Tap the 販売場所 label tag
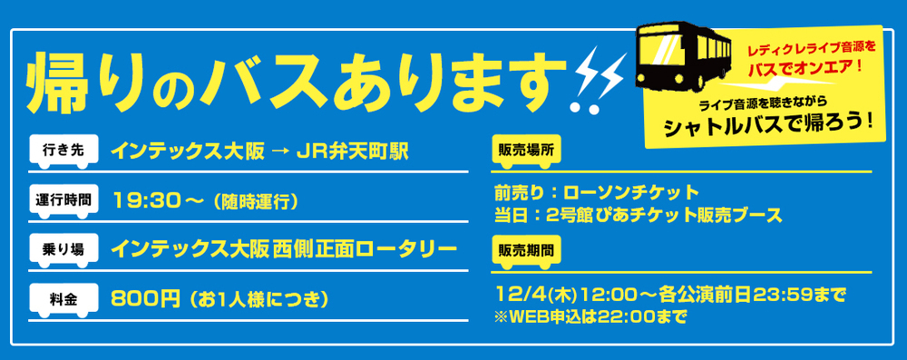pos(524,151)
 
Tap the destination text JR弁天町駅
pos(348,151)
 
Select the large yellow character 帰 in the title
pos(63,86)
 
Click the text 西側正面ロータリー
pos(366,248)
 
